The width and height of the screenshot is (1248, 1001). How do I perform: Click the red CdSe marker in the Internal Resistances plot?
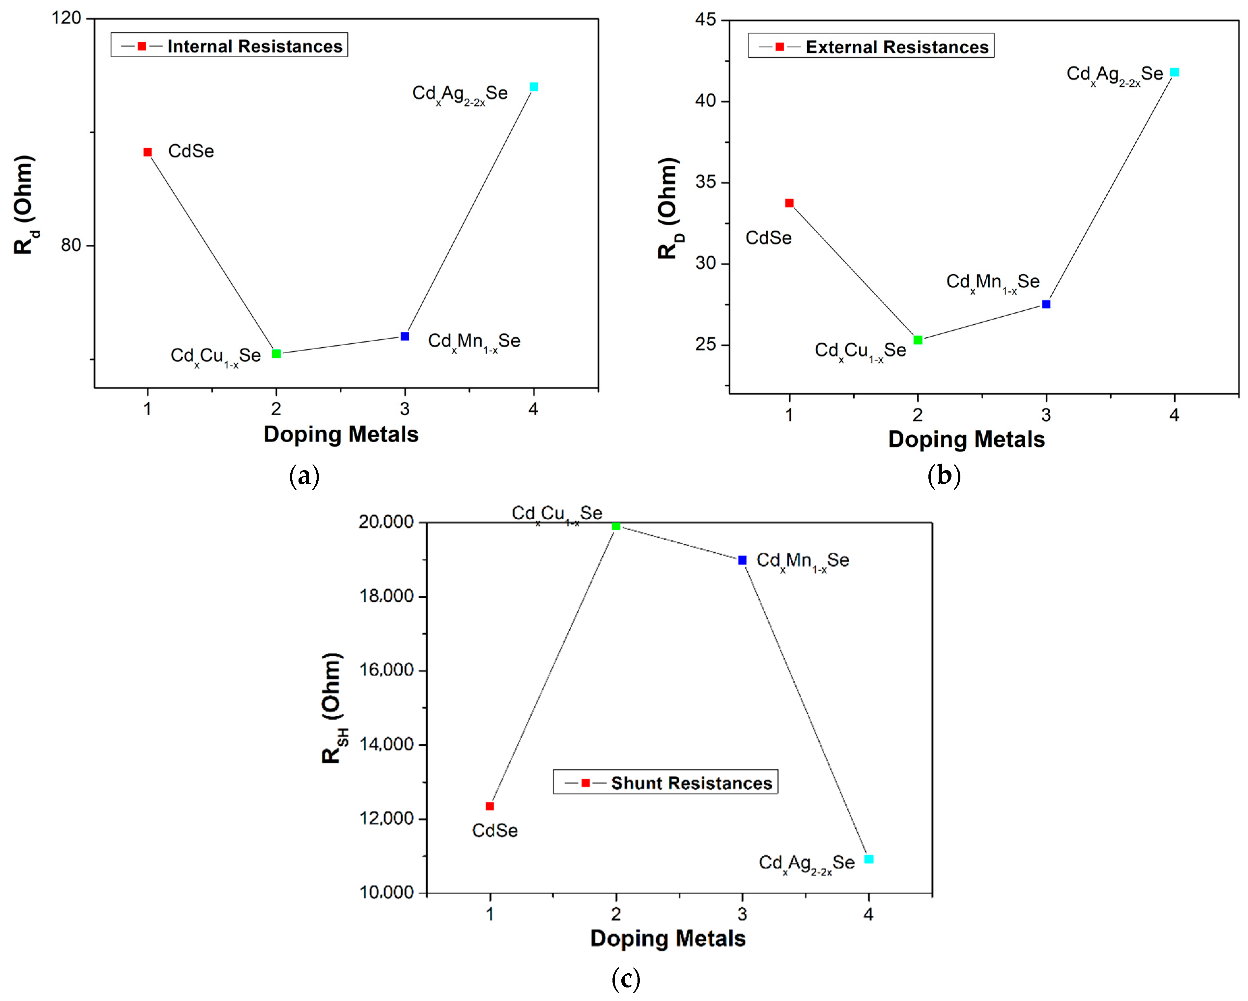click(x=148, y=152)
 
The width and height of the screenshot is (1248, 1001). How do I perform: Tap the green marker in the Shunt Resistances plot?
click(x=616, y=526)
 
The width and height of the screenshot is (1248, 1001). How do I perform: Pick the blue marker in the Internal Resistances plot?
click(x=405, y=336)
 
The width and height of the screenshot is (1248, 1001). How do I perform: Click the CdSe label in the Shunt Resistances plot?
click(x=495, y=830)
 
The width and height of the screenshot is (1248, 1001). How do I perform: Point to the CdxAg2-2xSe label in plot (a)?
click(x=460, y=94)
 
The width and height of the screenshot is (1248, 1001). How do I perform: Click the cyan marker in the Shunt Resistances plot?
click(x=868, y=859)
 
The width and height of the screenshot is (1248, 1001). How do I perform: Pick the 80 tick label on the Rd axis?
click(x=71, y=245)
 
